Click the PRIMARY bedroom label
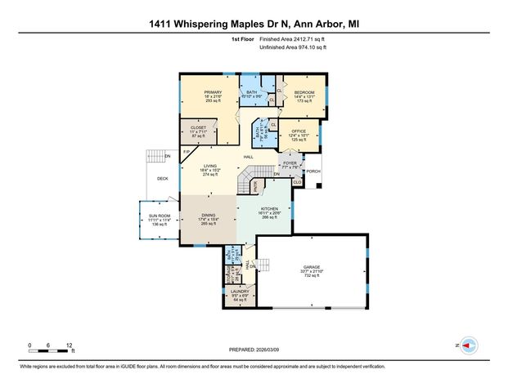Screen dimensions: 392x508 click(x=213, y=92)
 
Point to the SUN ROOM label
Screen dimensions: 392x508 click(x=159, y=216)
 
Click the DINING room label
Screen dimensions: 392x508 click(x=209, y=215)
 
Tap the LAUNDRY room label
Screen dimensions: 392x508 click(x=240, y=292)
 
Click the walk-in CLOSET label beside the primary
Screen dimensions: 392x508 click(x=198, y=127)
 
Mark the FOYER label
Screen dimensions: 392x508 click(x=290, y=163)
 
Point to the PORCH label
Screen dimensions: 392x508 click(x=313, y=171)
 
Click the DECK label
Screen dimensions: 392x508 click(x=162, y=177)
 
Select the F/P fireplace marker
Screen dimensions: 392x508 click(x=187, y=152)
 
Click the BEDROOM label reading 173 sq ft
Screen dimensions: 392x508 click(x=305, y=92)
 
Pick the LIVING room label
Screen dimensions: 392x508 click(x=210, y=167)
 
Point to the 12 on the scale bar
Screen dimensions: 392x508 click(x=71, y=345)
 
